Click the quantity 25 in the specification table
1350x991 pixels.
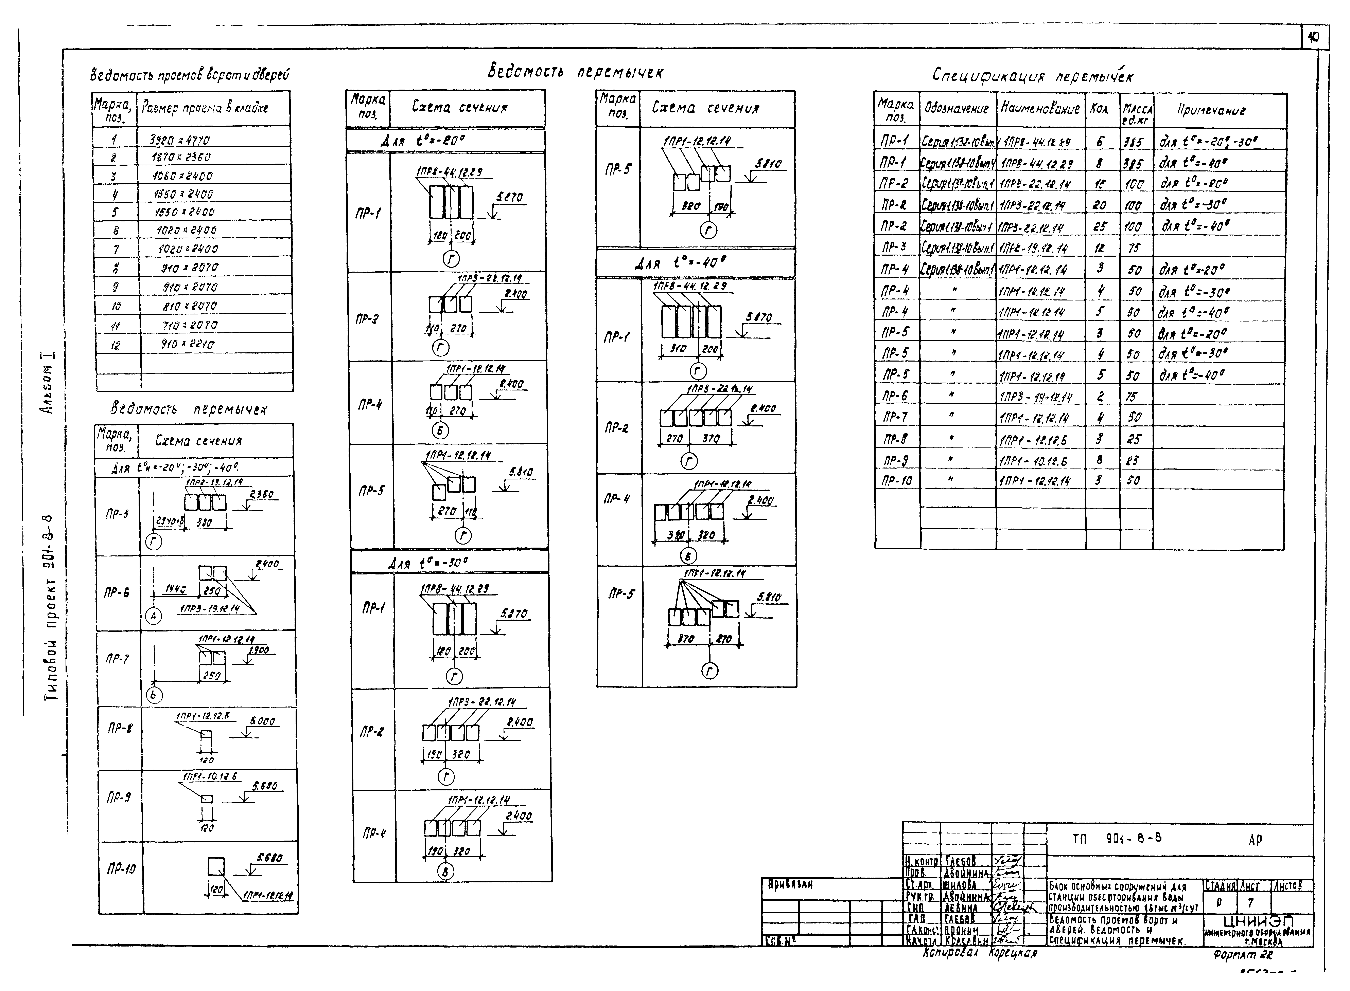click(1100, 227)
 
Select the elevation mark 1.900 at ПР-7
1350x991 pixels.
click(261, 650)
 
